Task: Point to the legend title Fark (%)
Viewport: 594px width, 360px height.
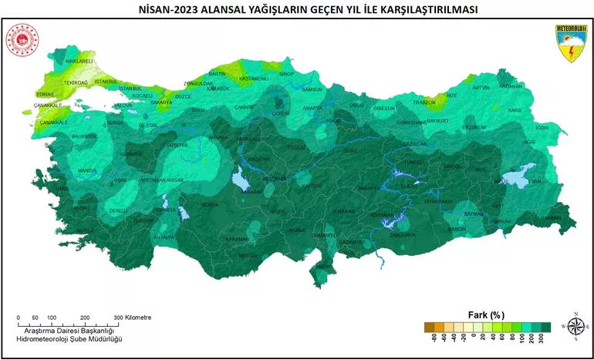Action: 486,315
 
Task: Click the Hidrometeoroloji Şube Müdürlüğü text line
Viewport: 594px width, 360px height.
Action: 69,339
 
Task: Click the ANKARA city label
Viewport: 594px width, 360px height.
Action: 218,138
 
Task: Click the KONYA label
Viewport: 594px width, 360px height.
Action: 210,205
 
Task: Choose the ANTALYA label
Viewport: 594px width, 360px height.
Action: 164,237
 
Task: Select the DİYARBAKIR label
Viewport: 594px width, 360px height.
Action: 437,201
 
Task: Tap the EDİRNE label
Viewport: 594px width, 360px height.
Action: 46,94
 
